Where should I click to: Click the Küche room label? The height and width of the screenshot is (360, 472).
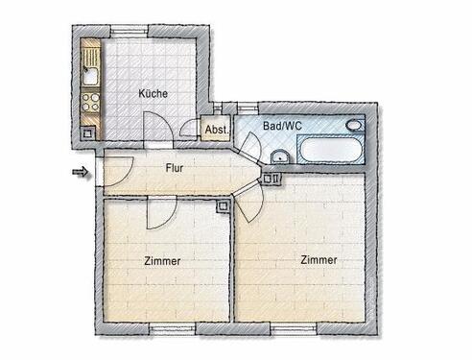(153, 94)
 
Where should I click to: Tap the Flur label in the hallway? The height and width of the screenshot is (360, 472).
(175, 168)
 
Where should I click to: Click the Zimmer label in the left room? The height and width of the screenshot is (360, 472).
(162, 260)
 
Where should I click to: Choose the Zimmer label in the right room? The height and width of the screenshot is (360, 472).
(318, 259)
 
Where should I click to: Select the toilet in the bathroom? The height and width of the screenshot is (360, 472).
(355, 126)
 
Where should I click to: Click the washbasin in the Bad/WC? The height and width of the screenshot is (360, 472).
(279, 156)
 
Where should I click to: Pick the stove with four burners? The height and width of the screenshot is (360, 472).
(92, 100)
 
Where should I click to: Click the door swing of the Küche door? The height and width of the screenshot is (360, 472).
(153, 125)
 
